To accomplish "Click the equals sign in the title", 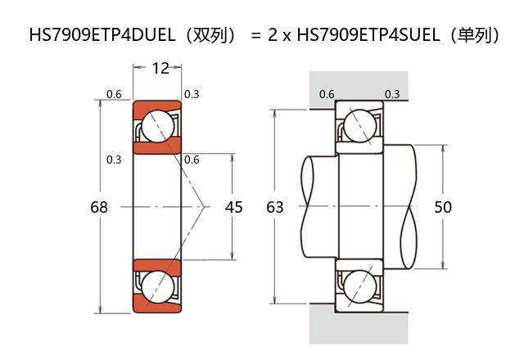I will (255, 35).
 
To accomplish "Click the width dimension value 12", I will (160, 68).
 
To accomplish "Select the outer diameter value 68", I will (98, 208).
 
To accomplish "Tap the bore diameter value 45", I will (233, 208).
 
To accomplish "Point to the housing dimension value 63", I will (275, 208).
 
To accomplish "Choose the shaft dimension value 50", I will (443, 208).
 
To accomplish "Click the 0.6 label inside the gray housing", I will (327, 94).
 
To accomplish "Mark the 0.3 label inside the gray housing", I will (392, 94).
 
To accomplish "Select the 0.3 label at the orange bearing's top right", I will (192, 95).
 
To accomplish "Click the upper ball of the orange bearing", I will (156, 128).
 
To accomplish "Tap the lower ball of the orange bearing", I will (156, 287).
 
